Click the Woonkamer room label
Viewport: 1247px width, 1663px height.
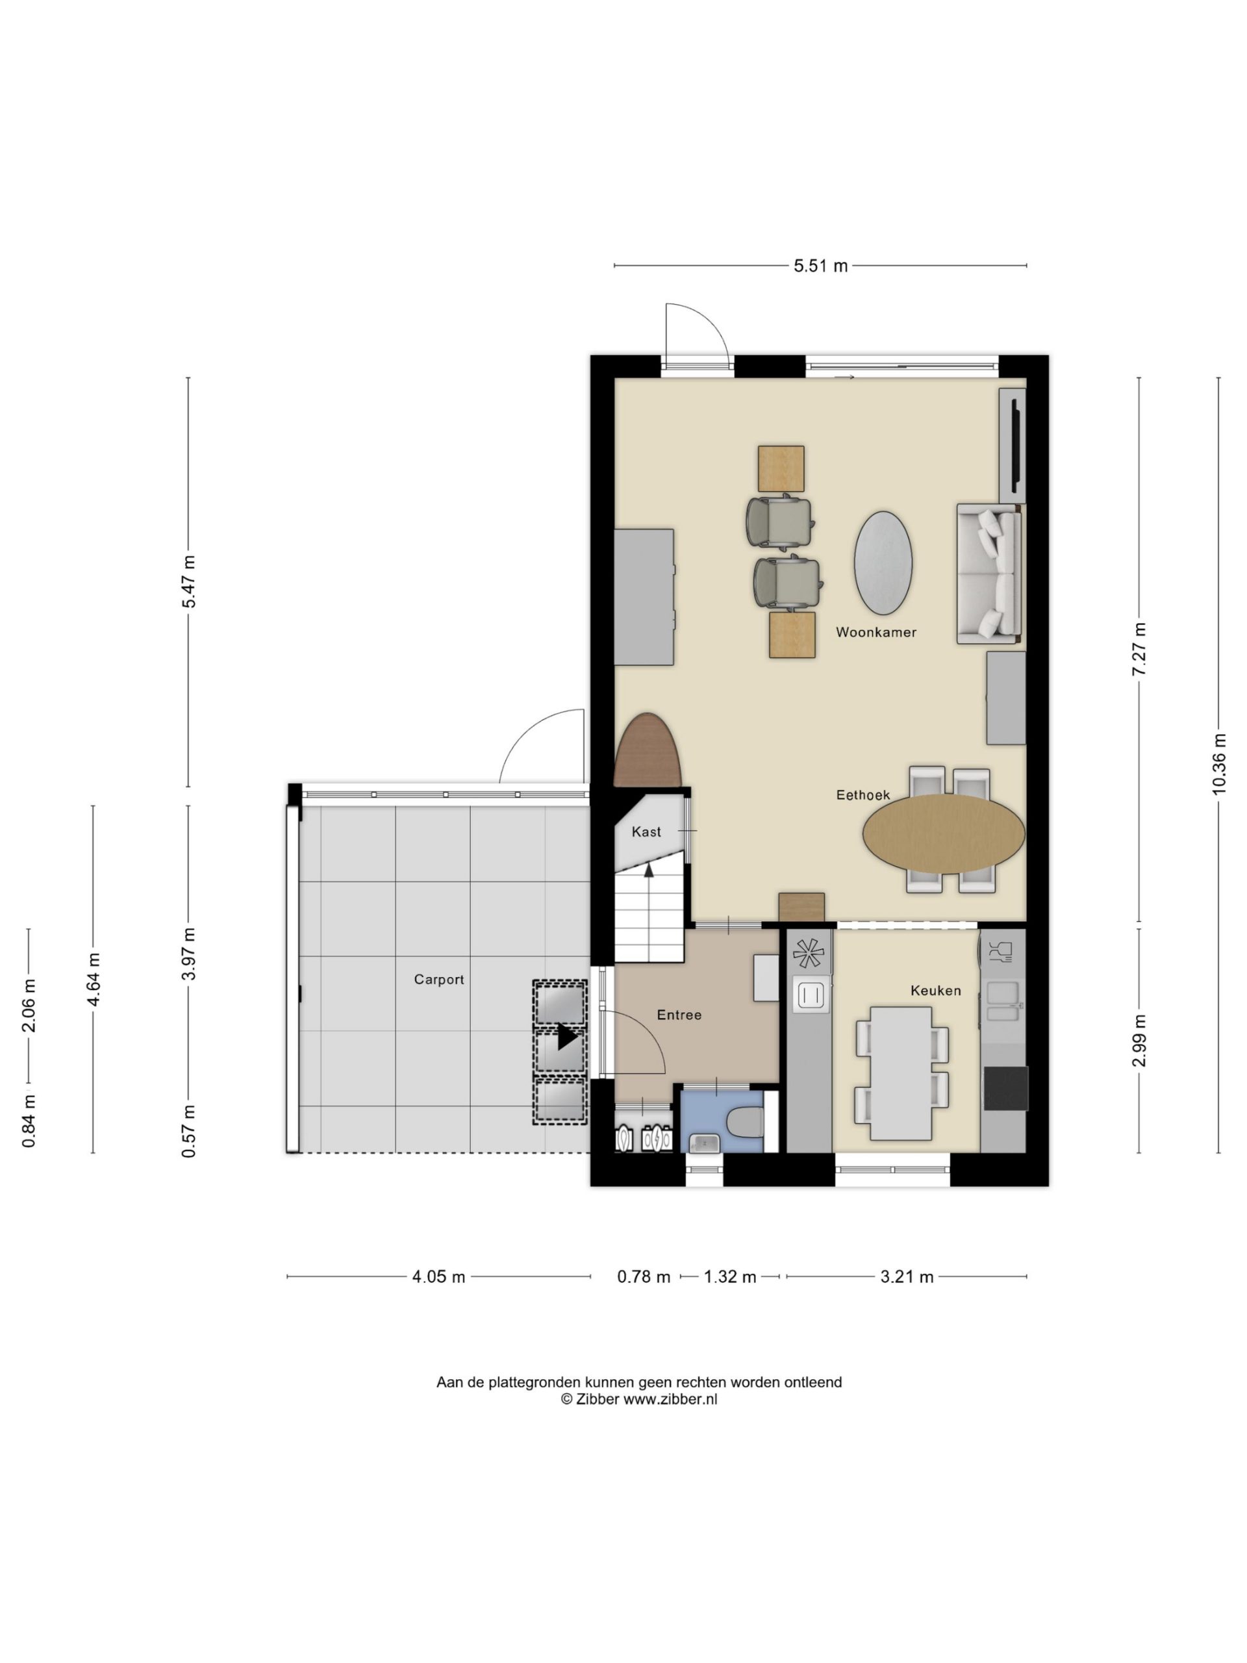click(875, 632)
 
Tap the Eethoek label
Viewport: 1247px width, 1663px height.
click(863, 794)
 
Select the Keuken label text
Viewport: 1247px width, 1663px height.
click(936, 991)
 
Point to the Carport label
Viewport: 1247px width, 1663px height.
click(439, 980)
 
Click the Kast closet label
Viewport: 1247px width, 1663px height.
click(646, 831)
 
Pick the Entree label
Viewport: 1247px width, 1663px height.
click(679, 1015)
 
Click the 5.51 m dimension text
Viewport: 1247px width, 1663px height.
click(821, 266)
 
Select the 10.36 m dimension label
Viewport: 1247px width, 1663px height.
click(1218, 763)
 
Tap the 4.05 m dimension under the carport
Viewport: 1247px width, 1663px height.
click(439, 1276)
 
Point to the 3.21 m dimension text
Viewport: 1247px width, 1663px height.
click(907, 1276)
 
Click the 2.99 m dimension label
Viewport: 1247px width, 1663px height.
click(1140, 1040)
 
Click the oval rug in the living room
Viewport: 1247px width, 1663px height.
click(883, 563)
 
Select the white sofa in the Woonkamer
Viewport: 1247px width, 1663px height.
click(989, 574)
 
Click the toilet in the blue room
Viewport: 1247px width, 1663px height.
click(746, 1123)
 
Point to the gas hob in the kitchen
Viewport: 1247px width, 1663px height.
click(809, 953)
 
